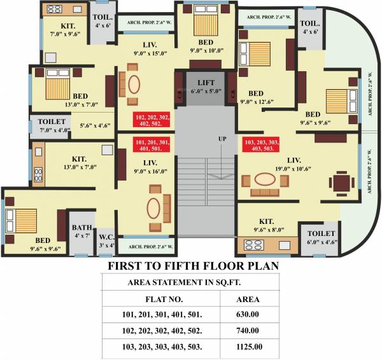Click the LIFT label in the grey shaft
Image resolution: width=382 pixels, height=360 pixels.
click(205, 83)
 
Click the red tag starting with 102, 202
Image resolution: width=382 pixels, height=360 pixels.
click(151, 121)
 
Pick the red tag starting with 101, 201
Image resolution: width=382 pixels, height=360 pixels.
click(151, 144)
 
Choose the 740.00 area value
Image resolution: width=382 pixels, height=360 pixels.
click(247, 331)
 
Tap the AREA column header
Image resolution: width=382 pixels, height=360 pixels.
click(247, 298)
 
